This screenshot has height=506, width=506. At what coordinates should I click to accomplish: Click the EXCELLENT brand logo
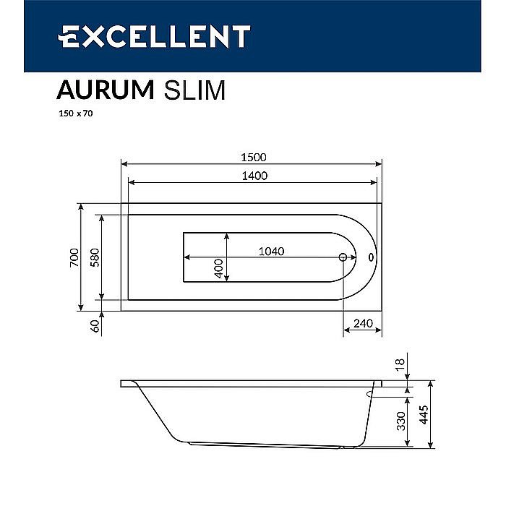tap(154, 36)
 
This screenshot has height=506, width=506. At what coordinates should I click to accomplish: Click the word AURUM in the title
tap(105, 90)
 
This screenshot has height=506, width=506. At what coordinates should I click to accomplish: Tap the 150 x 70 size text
tap(75, 113)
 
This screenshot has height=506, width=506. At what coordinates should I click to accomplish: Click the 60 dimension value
tap(93, 326)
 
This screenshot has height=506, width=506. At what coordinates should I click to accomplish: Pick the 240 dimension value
tap(364, 323)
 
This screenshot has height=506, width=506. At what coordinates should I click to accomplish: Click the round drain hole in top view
tap(343, 257)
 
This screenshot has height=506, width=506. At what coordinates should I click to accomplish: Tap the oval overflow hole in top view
tap(371, 257)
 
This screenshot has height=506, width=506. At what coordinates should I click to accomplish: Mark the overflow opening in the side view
tap(370, 394)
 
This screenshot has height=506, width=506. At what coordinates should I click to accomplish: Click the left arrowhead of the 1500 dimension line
tap(124, 163)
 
